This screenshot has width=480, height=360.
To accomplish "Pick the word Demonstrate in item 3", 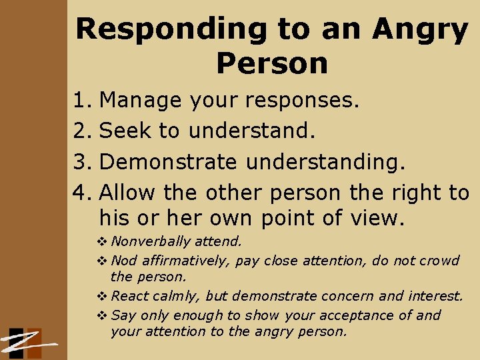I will pyautogui.click(x=168, y=162).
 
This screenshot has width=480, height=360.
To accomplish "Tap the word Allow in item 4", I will pyautogui.click(x=127, y=193).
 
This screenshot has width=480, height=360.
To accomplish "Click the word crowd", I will pyautogui.click(x=438, y=260).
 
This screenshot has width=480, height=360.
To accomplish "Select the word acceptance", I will pyautogui.click(x=368, y=315).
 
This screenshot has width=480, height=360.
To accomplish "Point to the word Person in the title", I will pyautogui.click(x=272, y=63).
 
